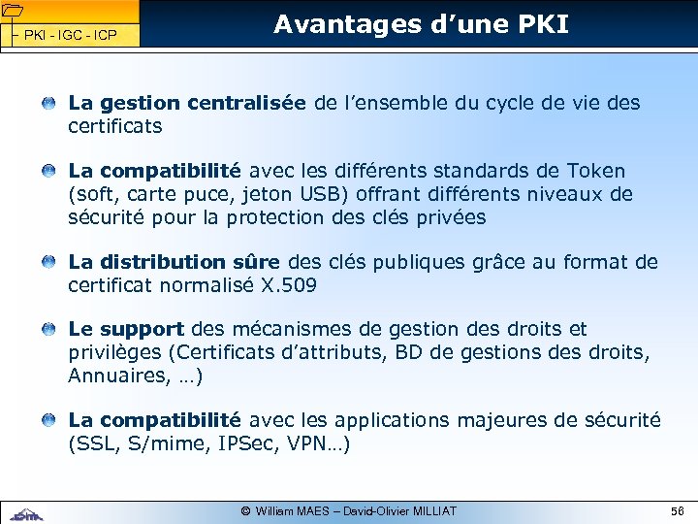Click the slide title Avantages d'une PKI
pyautogui.click(x=421, y=24)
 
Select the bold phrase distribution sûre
pyautogui.click(x=189, y=262)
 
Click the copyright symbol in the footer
pyautogui.click(x=245, y=510)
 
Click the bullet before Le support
pyautogui.click(x=48, y=330)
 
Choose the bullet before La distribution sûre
pyautogui.click(x=48, y=262)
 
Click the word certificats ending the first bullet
pyautogui.click(x=114, y=126)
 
